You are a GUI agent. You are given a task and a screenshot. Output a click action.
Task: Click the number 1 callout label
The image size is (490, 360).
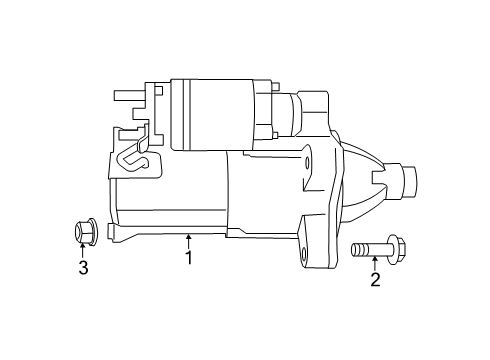(x=186, y=259)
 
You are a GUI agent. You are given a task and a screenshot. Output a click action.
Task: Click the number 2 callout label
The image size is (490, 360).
(x=375, y=281)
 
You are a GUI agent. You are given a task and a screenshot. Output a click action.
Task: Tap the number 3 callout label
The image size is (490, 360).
(x=84, y=267)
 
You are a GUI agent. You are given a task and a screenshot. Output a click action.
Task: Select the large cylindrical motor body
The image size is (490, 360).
(x=180, y=195)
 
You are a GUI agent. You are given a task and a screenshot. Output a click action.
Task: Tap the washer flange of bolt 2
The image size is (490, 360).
(x=381, y=249)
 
